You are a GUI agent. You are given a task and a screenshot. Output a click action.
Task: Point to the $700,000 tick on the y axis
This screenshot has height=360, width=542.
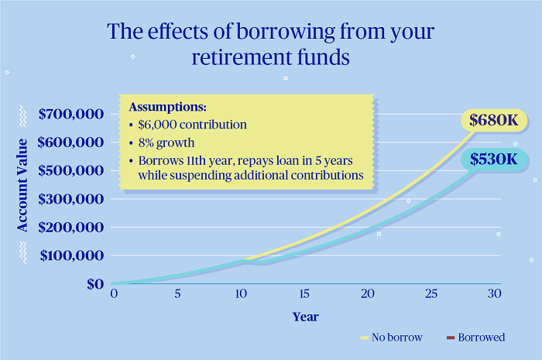pos(71,115)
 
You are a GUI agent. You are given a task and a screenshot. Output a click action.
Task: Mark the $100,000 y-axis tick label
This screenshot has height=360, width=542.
pos(71,255)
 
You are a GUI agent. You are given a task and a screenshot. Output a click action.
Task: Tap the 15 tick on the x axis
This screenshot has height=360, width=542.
pos(304,295)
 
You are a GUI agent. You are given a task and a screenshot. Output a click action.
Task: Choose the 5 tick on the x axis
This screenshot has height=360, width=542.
pos(177,295)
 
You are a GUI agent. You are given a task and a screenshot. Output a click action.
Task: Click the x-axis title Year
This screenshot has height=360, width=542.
pos(305,317)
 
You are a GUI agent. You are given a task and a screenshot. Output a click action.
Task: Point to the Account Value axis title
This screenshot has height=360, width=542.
pos(23,184)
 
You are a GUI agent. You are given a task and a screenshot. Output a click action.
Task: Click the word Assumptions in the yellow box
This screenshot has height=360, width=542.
pos(166,106)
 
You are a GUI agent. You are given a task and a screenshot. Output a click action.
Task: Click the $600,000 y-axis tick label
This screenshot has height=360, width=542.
pos(71,142)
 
